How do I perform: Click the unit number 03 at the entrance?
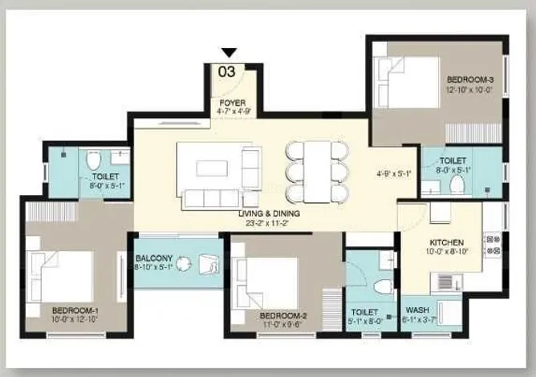pyautogui.click(x=227, y=71)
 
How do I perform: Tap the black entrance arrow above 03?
pyautogui.click(x=227, y=54)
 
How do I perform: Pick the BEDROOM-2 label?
pyautogui.click(x=284, y=315)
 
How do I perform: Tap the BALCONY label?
pyautogui.click(x=153, y=258)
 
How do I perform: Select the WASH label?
pyautogui.click(x=417, y=310)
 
